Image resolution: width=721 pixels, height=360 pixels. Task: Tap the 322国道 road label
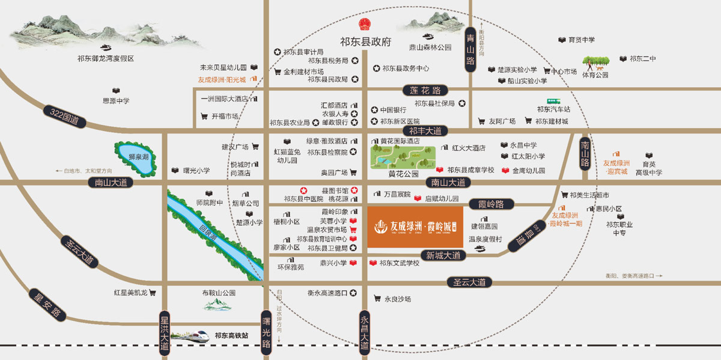[64, 115]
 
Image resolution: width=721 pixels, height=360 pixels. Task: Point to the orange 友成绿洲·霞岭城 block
[415, 227]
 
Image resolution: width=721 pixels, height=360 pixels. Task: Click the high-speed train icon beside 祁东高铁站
[190, 335]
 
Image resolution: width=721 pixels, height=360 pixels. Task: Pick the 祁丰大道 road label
[425, 130]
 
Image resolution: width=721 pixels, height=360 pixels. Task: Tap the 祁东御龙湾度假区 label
[105, 59]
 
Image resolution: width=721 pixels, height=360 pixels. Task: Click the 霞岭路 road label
[491, 204]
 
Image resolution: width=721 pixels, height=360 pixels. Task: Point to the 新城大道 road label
[443, 255]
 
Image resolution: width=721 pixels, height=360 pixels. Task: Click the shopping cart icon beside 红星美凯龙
[152, 293]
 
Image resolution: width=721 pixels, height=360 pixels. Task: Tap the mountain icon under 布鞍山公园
[218, 305]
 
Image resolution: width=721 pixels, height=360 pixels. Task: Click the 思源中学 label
[116, 101]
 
